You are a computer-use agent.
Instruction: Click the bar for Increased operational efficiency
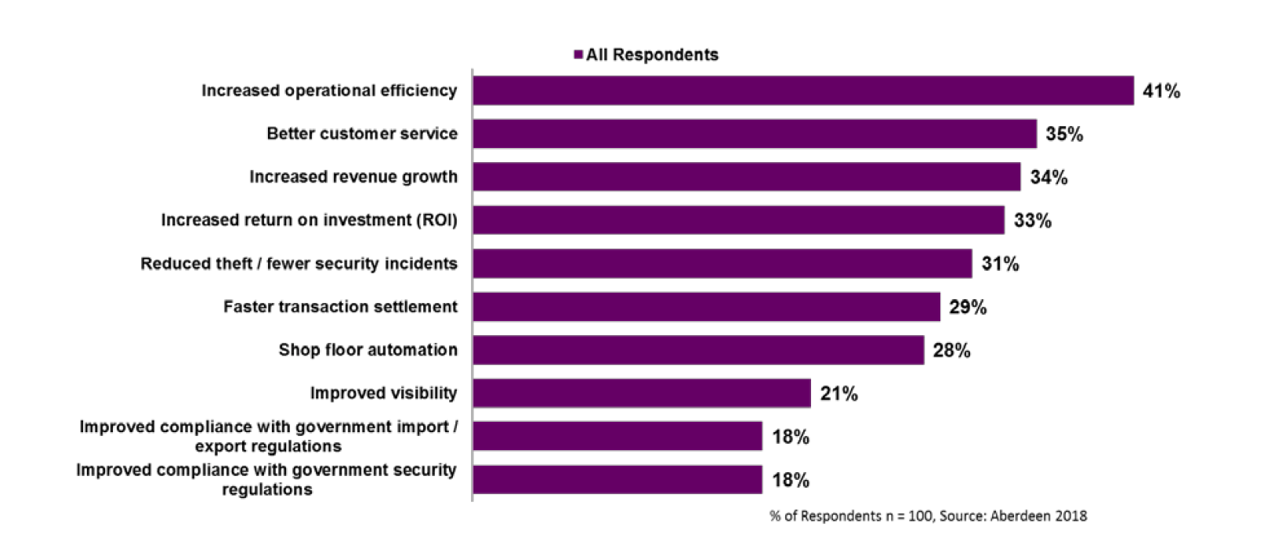[x=802, y=91]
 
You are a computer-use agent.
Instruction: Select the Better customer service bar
[x=754, y=134]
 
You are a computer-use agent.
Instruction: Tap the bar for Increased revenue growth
[x=746, y=177]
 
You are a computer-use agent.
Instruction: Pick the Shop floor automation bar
[x=697, y=350]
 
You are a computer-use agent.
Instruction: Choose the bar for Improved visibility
[x=641, y=393]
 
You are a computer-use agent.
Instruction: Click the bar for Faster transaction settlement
[x=705, y=307]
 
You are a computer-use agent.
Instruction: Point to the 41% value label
[x=1161, y=92]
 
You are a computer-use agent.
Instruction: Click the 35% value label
[x=1064, y=135]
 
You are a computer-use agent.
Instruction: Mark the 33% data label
[x=1032, y=221]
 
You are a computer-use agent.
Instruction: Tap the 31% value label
[x=1000, y=265]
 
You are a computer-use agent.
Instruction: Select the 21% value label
[x=839, y=394]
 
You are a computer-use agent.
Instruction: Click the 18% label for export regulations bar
[x=790, y=437]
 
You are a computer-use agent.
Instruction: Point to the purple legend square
[x=578, y=55]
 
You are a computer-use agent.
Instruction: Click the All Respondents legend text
[x=652, y=55]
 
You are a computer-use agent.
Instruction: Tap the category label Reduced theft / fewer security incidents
[x=299, y=264]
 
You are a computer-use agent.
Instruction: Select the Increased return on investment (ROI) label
[x=309, y=220]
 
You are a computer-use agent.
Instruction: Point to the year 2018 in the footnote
[x=1071, y=516]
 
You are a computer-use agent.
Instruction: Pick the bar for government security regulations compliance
[x=617, y=480]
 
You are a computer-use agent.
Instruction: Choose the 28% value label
[x=951, y=351]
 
